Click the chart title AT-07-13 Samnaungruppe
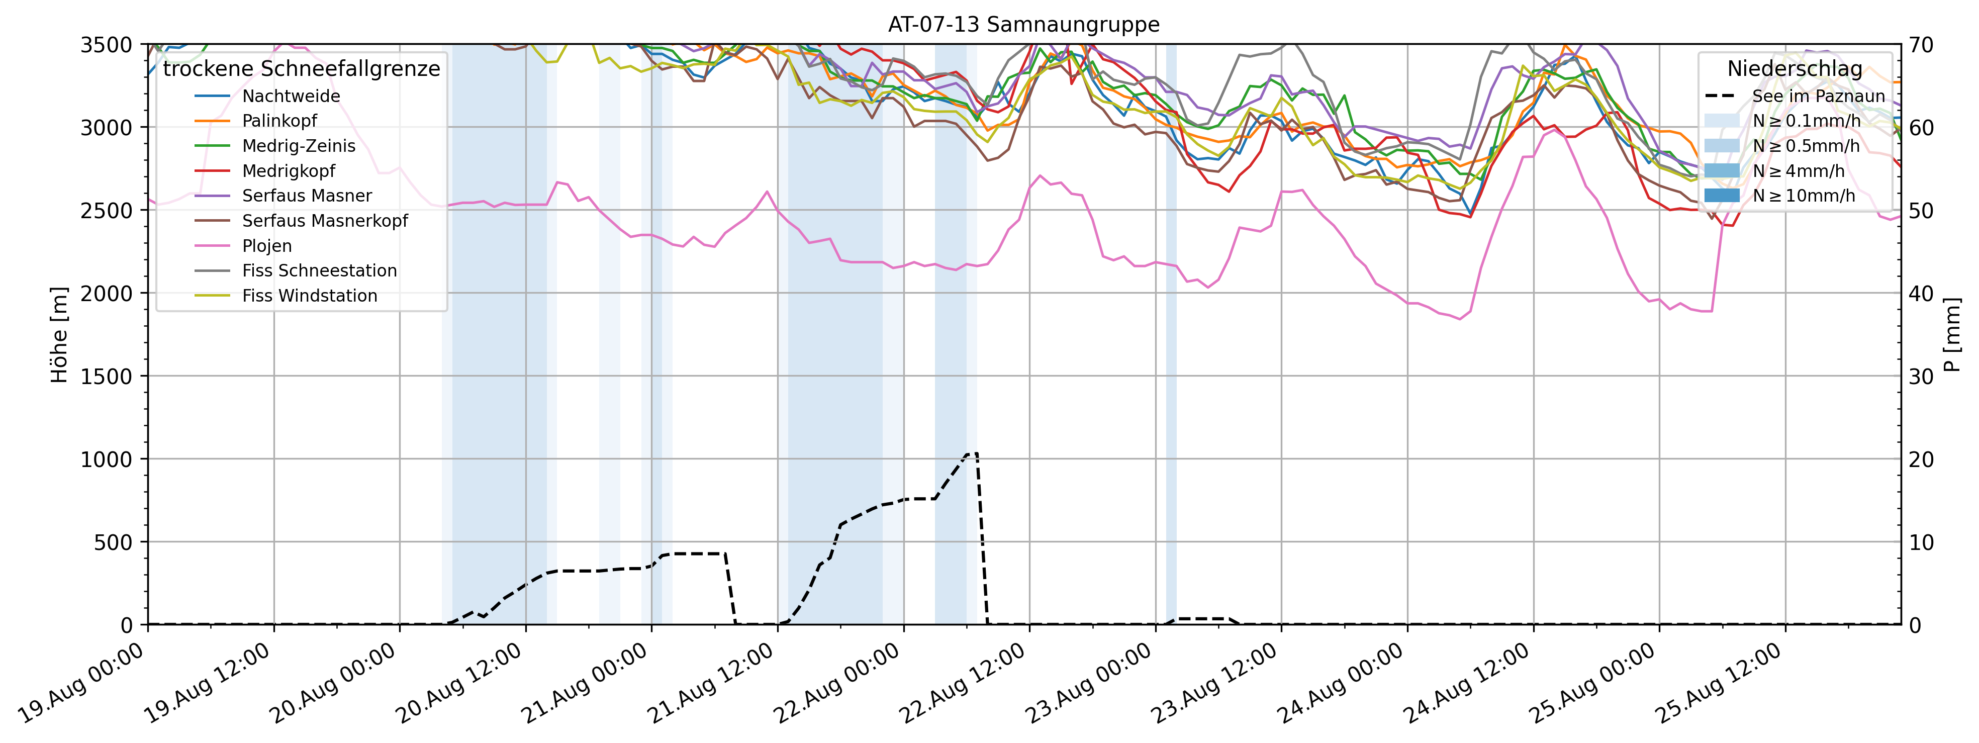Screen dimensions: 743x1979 [1023, 25]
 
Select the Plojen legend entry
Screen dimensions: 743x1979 [266, 246]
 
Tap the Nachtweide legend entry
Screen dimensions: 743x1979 [291, 96]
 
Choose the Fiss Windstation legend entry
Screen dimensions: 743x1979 [310, 296]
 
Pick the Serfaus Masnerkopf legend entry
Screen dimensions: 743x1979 [325, 221]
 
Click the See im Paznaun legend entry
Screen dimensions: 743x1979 [1818, 96]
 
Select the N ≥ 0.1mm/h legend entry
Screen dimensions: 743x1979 [1806, 121]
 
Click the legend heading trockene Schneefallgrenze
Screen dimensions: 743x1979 [301, 69]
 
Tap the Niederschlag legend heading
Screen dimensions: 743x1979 [1795, 69]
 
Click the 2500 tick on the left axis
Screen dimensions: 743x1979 [106, 211]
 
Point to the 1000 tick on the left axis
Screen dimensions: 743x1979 [106, 459]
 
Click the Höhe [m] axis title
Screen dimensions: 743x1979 [59, 335]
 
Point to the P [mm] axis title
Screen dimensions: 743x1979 [1952, 335]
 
